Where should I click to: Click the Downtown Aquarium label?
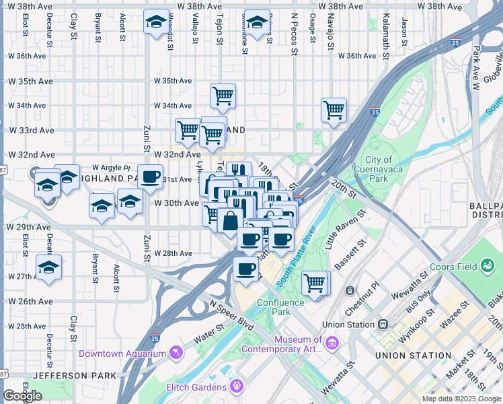point(122,353)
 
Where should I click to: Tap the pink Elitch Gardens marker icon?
point(236,386)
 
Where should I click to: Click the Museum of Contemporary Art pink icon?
point(331,344)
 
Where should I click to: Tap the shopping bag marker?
point(230,221)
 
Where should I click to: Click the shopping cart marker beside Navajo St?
point(334,110)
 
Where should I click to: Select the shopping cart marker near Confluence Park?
point(315,282)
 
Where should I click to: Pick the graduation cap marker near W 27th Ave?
point(49,267)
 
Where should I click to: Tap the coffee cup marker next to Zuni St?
point(151,177)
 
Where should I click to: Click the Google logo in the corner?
point(23,396)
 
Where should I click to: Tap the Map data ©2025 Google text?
point(461,399)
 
